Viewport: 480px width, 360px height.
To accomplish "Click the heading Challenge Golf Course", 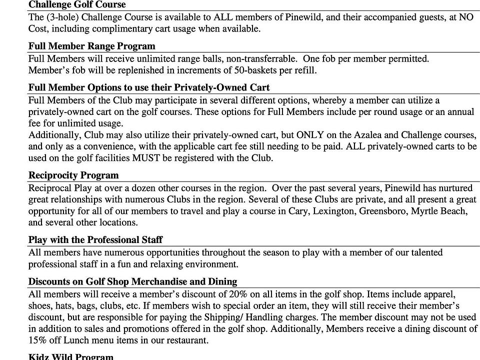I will [x=77, y=5].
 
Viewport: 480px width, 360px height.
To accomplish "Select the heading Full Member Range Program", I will [x=91, y=46].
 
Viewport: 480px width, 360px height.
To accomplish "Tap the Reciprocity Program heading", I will [x=73, y=175].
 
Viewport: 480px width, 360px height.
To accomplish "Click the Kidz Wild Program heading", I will [x=70, y=356].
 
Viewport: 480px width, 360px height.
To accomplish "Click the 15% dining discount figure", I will [x=38, y=340].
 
